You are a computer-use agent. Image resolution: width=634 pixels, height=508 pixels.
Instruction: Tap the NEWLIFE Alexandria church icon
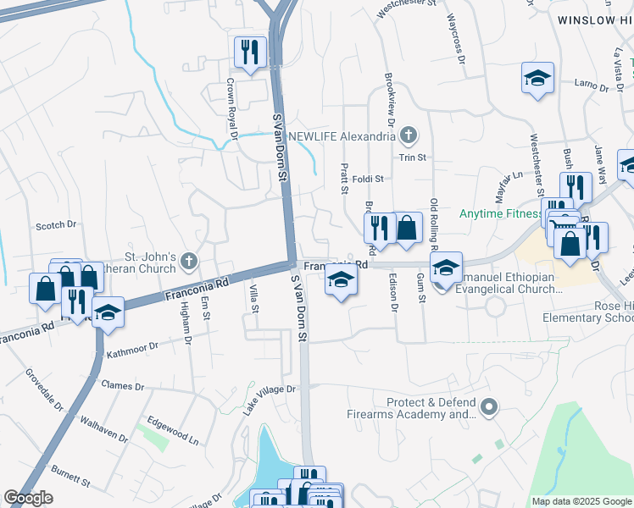coord(409,135)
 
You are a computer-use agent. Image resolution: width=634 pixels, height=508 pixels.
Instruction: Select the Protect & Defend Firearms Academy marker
coord(487,409)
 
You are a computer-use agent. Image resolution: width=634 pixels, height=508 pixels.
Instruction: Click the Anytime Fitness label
coord(500,214)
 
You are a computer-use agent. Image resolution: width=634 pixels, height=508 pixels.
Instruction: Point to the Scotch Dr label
coord(56,225)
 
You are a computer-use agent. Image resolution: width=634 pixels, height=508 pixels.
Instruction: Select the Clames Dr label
coord(123,385)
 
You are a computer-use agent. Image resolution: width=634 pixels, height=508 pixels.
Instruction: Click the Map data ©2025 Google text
coord(581,501)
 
